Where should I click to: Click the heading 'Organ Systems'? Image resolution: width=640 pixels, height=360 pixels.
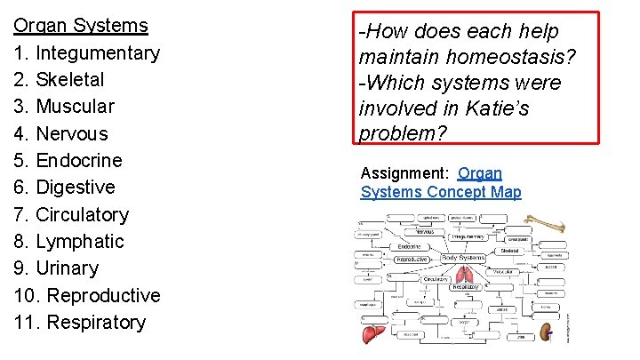81,26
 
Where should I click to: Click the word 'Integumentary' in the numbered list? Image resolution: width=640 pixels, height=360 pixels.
98,53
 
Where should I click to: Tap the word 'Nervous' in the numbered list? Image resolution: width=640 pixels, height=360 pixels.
72,134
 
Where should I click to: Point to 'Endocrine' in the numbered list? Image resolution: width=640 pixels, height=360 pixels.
79,161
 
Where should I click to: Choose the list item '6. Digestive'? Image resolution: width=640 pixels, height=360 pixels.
65,188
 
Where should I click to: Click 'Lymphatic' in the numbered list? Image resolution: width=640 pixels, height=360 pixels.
80,242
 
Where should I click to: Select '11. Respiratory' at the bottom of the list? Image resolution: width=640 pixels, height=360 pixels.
80,322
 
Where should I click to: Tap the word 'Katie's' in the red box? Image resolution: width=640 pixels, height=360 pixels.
509,109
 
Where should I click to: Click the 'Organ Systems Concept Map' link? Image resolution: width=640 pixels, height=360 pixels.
440,183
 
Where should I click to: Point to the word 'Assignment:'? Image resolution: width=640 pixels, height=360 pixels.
405,173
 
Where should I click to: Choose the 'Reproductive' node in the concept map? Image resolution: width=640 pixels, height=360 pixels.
412,260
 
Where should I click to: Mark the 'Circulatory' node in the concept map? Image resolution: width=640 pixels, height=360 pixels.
436,278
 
